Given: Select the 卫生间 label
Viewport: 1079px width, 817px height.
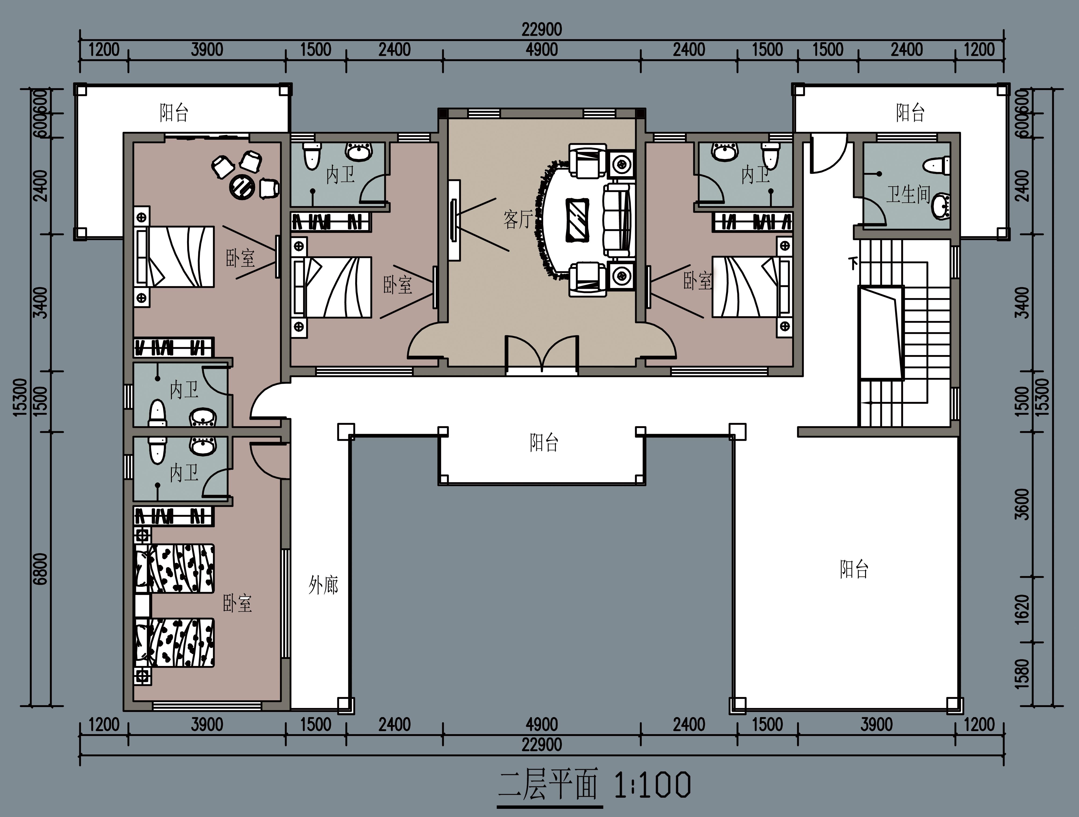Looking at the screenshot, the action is pos(908,194).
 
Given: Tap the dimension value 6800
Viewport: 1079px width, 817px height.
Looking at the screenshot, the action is pos(42,569).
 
